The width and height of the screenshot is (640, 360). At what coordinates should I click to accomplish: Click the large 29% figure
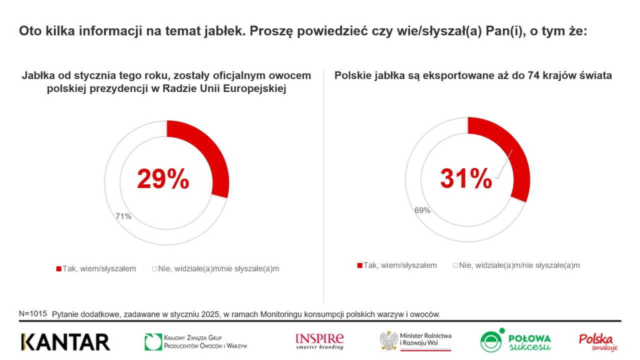click(163, 179)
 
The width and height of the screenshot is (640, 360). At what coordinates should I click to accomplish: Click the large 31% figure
click(466, 178)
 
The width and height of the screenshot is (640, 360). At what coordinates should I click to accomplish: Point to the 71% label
click(123, 216)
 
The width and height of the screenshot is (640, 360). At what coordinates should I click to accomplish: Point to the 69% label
click(422, 210)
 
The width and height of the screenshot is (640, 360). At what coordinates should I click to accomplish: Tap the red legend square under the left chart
click(59, 269)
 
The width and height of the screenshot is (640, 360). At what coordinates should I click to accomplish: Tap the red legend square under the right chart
click(359, 265)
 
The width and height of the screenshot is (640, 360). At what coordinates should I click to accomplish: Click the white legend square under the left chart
click(154, 269)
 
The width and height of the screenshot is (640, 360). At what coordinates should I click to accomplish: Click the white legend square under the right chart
click(455, 265)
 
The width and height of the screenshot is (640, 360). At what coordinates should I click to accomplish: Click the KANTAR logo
click(65, 342)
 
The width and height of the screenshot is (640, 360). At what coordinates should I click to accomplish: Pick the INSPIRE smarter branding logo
click(319, 341)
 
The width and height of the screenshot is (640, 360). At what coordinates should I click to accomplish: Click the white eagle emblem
click(388, 341)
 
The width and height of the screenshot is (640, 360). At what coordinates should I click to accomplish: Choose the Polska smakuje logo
click(598, 342)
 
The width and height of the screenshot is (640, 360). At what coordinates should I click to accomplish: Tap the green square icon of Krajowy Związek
click(153, 341)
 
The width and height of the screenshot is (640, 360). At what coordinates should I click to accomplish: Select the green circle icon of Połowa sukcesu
click(491, 341)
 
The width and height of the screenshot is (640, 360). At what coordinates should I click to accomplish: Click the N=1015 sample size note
click(33, 313)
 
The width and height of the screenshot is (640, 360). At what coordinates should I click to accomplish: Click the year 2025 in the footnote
click(210, 314)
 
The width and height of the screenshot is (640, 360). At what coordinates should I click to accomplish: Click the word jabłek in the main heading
click(225, 31)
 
